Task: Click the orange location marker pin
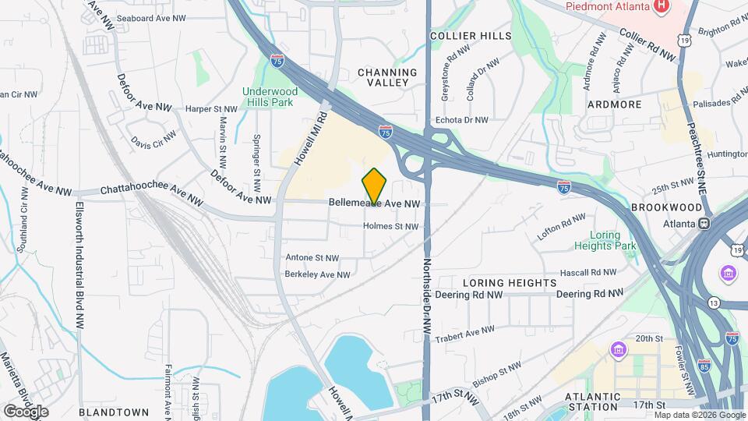pos(374,186)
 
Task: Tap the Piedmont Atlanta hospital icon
pos(662,7)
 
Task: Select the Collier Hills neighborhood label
pos(471,36)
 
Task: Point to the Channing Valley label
pos(387,76)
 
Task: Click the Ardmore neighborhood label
pos(614,104)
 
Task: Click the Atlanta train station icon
pos(704,223)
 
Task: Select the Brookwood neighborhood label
pos(666,207)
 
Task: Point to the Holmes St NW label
pos(390,227)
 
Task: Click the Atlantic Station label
pos(594,401)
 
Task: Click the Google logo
pos(25,411)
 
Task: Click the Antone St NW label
pos(312,257)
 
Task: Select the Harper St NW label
pos(211,109)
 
